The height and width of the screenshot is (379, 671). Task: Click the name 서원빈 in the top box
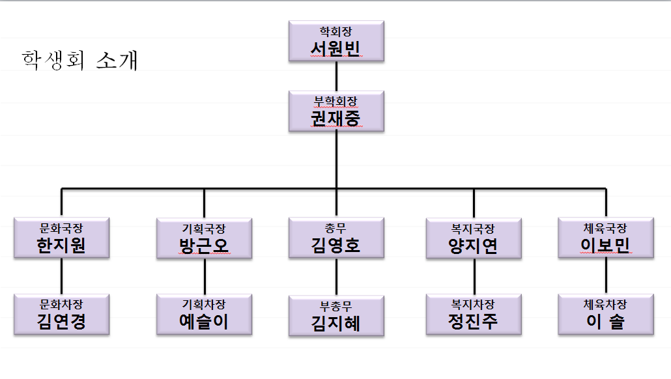pyautogui.click(x=335, y=49)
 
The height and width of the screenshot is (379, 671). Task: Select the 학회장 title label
pyautogui.click(x=335, y=31)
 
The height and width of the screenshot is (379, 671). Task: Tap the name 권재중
pyautogui.click(x=335, y=119)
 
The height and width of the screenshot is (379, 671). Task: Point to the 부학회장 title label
pyautogui.click(x=335, y=100)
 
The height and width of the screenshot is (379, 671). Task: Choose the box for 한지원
pyautogui.click(x=62, y=238)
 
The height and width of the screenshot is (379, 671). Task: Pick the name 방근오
pyautogui.click(x=204, y=246)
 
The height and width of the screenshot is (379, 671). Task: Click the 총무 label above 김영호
pyautogui.click(x=336, y=228)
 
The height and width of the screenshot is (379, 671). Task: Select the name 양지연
pyautogui.click(x=474, y=246)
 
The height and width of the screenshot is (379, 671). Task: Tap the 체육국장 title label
pyautogui.click(x=606, y=228)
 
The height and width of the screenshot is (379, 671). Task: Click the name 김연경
pyautogui.click(x=62, y=322)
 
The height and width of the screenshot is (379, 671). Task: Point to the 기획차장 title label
pyautogui.click(x=204, y=304)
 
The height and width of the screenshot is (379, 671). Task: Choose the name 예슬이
pyautogui.click(x=204, y=322)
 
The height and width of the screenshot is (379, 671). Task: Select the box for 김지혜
pyautogui.click(x=336, y=316)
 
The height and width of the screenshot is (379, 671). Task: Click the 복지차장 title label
pyautogui.click(x=474, y=304)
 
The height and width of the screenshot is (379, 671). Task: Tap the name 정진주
pyautogui.click(x=474, y=322)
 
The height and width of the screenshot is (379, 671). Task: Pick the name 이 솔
pyautogui.click(x=606, y=322)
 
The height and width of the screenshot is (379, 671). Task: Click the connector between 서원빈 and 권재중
pyautogui.click(x=336, y=76)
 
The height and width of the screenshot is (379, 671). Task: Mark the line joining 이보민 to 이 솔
pyautogui.click(x=606, y=276)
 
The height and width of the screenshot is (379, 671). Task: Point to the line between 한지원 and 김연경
pyautogui.click(x=62, y=276)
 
